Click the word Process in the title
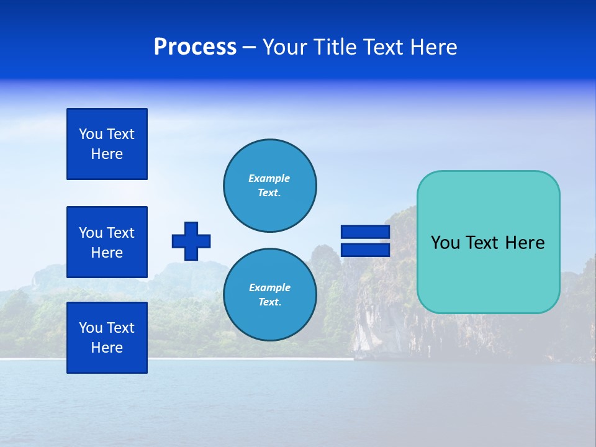[195, 47]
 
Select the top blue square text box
[107, 144]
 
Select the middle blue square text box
[107, 242]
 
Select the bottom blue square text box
[107, 337]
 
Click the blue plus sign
[191, 241]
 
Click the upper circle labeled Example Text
[269, 186]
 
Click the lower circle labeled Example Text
[269, 294]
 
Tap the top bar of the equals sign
[365, 232]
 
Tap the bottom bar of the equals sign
[365, 250]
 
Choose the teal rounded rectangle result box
[488, 273]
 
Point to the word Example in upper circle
[269, 178]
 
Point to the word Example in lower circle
[269, 287]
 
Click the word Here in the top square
[107, 154]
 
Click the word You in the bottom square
[91, 327]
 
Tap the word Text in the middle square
[120, 233]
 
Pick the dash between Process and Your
[249, 47]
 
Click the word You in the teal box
[445, 243]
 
